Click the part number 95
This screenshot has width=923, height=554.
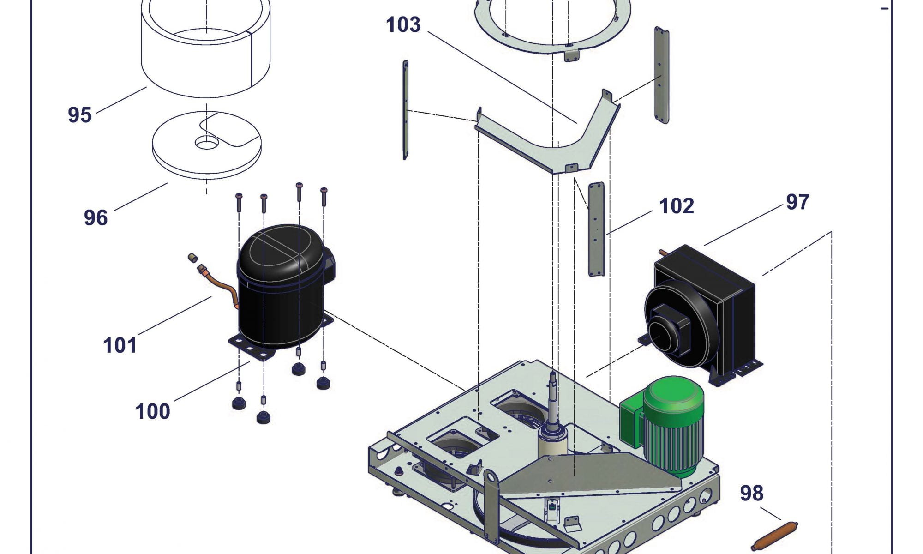coord(79,114)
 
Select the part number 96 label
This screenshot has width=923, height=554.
coord(96,217)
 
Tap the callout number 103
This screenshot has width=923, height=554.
coord(403,24)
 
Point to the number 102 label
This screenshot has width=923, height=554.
coord(676,206)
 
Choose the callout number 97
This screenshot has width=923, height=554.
coord(797,202)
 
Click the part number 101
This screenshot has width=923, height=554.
coord(120,345)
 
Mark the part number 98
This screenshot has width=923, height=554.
coord(751,493)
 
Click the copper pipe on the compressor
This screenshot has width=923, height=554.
coord(222,286)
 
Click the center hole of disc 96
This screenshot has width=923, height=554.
coord(206,143)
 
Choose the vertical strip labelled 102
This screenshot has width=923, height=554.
coord(596,229)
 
